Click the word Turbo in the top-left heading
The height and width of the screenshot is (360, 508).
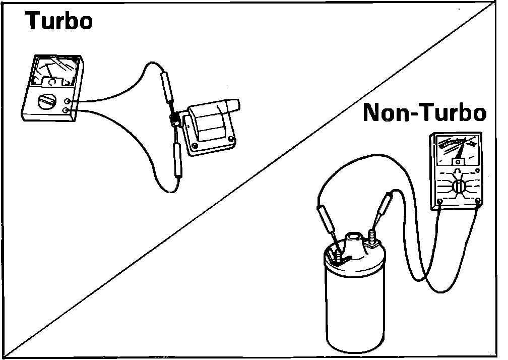tap(59, 21)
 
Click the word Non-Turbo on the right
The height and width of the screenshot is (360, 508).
tap(424, 113)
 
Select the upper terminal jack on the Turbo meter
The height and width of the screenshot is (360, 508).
tap(67, 102)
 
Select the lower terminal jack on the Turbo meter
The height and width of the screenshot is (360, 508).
tap(66, 109)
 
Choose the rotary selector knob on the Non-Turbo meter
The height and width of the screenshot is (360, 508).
tap(458, 186)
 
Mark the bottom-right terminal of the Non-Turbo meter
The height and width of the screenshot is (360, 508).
tap(478, 200)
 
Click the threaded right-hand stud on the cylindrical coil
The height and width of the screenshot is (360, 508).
tap(373, 235)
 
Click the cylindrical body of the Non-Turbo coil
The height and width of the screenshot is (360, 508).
tap(353, 308)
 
